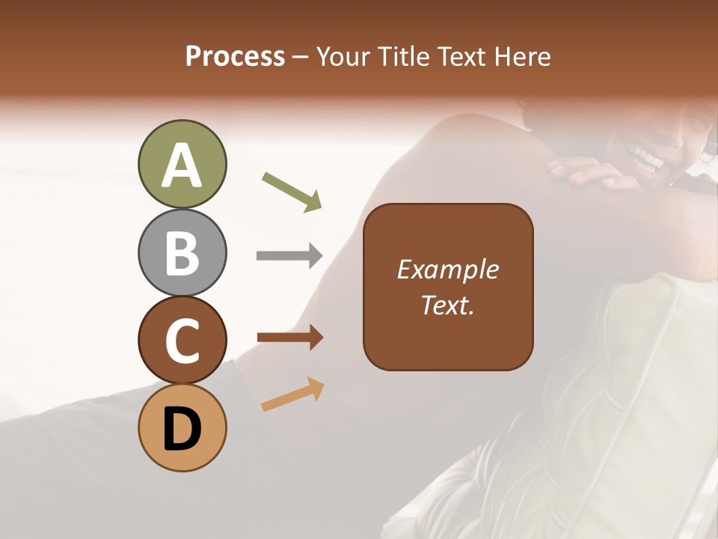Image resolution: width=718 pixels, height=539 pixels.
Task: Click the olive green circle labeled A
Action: pyautogui.click(x=182, y=165)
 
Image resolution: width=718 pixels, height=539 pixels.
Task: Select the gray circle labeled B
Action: pyautogui.click(x=182, y=252)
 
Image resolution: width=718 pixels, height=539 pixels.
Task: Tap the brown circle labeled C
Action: pyautogui.click(x=182, y=340)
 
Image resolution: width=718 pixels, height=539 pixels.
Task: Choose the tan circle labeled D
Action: pyautogui.click(x=182, y=427)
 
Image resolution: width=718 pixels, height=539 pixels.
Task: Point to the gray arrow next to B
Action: pyautogui.click(x=289, y=256)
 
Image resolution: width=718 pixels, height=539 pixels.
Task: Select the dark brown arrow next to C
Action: pyautogui.click(x=290, y=338)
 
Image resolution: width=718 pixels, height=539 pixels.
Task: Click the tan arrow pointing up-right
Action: pyautogui.click(x=292, y=395)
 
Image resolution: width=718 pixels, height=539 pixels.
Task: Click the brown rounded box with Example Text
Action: pyautogui.click(x=448, y=287)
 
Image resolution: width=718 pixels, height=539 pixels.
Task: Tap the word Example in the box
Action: pyautogui.click(x=448, y=269)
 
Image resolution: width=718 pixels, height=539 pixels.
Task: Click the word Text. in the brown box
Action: pyautogui.click(x=448, y=305)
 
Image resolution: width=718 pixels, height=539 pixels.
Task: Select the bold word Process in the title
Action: pyautogui.click(x=235, y=56)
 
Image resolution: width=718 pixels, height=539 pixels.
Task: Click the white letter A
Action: pyautogui.click(x=182, y=166)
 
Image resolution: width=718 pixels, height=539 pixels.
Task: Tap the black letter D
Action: pyautogui.click(x=182, y=429)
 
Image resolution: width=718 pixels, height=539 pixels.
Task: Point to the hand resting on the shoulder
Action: pyautogui.click(x=591, y=172)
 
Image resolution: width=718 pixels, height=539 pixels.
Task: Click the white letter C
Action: pyautogui.click(x=182, y=341)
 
